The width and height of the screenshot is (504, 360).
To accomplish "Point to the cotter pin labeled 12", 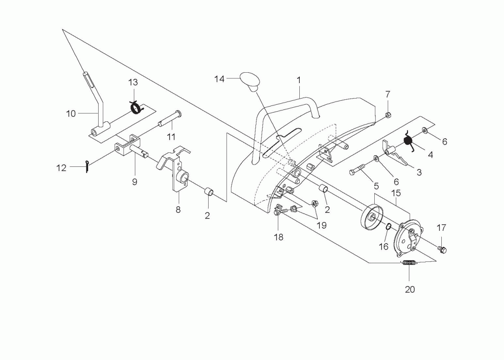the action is [x=87, y=166].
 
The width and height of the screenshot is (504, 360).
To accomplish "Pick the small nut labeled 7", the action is [x=388, y=115].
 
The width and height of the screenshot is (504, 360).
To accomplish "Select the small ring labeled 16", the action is [x=388, y=227].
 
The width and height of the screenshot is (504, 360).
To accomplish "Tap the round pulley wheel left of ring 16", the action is [x=372, y=217].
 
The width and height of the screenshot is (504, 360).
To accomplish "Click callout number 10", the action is [x=71, y=113].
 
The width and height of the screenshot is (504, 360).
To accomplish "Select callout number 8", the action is [x=178, y=210].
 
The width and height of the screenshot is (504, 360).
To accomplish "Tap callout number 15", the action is [x=396, y=193].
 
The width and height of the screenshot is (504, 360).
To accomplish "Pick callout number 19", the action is [x=322, y=225].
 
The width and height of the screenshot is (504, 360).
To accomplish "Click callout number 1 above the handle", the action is [x=298, y=80].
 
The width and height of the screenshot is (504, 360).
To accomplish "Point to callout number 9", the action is [x=135, y=182].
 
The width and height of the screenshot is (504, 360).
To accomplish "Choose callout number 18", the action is [x=278, y=237].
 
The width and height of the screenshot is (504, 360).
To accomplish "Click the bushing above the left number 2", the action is [x=209, y=193].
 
